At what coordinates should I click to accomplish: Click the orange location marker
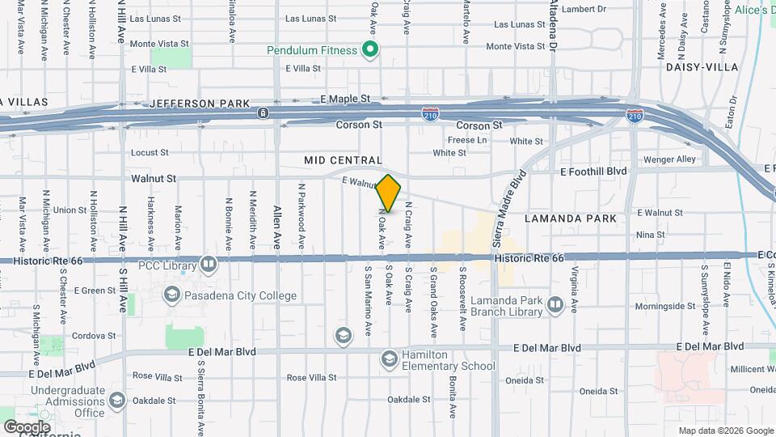[389, 193]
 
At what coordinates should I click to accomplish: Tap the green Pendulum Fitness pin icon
[371, 50]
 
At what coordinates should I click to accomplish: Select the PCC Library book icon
[209, 265]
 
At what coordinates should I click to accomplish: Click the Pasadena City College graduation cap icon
[171, 295]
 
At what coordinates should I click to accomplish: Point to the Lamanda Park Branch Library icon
[555, 304]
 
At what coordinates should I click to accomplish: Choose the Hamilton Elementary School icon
[389, 359]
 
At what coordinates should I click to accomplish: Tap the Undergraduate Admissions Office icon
[116, 401]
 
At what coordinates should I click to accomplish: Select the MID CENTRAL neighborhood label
[343, 161]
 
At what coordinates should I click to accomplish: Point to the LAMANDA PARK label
[570, 218]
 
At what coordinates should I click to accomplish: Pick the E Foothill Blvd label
[594, 172]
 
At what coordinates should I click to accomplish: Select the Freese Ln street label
[468, 140]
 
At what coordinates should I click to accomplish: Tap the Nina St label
[650, 235]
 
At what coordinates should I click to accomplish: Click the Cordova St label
[95, 335]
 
